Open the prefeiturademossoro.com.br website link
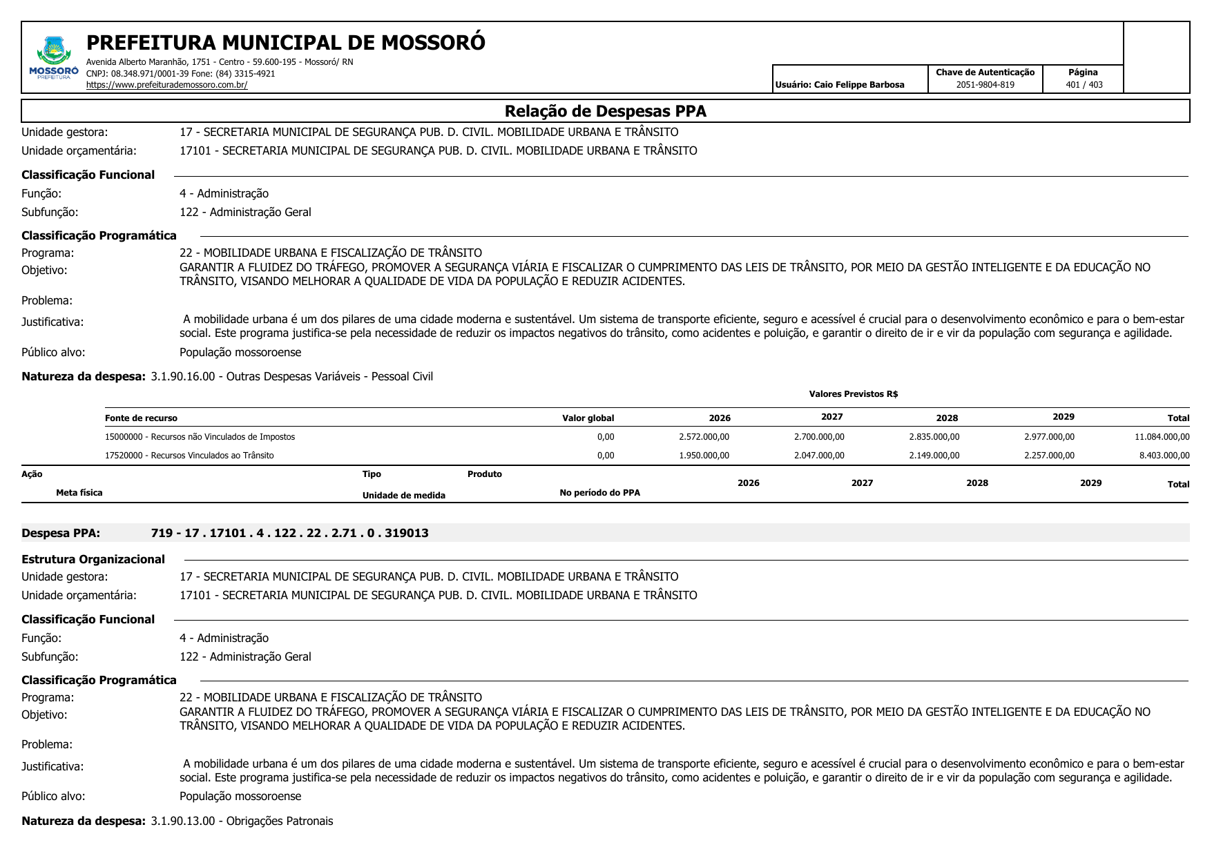coord(166,85)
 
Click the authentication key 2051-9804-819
coord(985,85)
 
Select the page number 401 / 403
coord(1084,85)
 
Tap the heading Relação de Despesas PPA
coord(605,111)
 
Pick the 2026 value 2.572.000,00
coord(704,437)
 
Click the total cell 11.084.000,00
coord(1162,437)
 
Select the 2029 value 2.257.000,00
coord(1049,456)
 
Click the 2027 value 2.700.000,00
coord(819,437)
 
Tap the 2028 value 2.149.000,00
coord(934,456)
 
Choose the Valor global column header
coord(588,418)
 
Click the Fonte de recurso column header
coord(141,418)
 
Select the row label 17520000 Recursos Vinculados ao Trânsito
coord(189,456)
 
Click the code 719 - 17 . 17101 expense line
coord(289,533)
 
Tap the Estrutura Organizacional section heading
coord(93,559)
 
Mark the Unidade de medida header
coord(403,496)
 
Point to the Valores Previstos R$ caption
coord(853,394)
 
